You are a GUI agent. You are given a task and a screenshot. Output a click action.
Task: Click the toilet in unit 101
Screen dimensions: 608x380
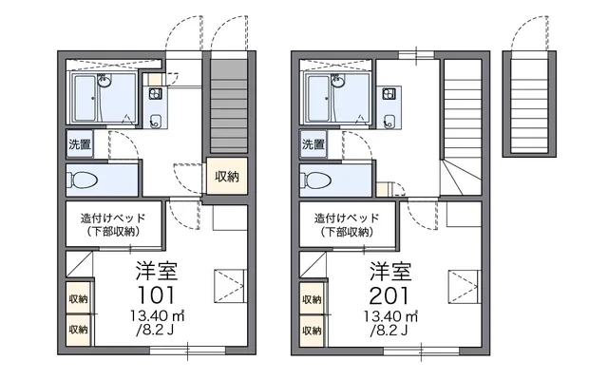(83, 180)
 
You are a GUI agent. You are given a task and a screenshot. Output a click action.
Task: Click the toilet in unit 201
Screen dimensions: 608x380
(316, 180)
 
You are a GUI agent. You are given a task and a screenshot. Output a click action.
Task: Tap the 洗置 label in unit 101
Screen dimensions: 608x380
(80, 144)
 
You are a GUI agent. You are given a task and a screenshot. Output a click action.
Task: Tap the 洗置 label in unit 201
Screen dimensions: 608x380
(313, 144)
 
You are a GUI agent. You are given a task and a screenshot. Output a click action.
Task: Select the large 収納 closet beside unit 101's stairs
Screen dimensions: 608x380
(227, 176)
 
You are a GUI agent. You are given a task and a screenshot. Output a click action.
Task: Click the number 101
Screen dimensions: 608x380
(157, 295)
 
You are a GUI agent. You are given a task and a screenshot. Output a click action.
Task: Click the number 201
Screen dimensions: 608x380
(389, 295)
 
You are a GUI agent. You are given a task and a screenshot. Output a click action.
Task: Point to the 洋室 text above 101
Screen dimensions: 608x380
(157, 271)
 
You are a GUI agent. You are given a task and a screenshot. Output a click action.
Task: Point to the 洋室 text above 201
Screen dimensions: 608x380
(390, 271)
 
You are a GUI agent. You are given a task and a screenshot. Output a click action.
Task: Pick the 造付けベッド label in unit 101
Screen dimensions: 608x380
(113, 218)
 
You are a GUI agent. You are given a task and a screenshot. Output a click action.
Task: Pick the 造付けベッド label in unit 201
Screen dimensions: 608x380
(347, 218)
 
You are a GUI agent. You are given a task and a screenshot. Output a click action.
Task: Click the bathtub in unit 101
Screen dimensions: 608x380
(85, 98)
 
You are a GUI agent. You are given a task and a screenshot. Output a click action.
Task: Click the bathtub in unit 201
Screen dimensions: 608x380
(318, 98)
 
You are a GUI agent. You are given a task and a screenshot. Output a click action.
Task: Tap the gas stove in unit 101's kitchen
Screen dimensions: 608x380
(156, 93)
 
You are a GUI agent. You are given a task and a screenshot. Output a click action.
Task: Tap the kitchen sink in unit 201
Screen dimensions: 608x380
(389, 121)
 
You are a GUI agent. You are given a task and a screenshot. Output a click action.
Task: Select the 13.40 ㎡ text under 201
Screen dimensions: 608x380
(390, 316)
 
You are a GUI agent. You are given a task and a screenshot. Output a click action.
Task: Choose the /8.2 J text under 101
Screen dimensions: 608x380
(155, 331)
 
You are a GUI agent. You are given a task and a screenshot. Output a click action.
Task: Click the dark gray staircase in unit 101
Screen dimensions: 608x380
(229, 105)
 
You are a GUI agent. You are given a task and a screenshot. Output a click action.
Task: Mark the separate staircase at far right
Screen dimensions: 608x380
(529, 105)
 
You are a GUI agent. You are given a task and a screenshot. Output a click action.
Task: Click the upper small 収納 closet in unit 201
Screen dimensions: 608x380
(312, 298)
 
